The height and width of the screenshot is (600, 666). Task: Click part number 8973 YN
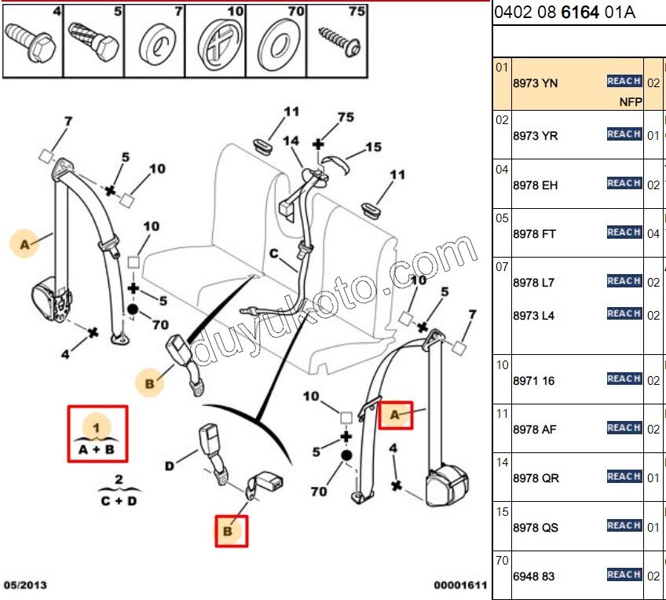tap(535, 82)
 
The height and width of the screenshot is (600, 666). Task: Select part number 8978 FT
tap(535, 234)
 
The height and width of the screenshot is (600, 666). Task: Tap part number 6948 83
tap(533, 576)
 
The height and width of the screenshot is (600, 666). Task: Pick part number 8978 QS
tap(535, 528)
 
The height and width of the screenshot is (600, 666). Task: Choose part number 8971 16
tap(533, 381)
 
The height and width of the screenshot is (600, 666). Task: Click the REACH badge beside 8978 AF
tap(624, 428)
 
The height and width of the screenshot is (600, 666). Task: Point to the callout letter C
tap(273, 254)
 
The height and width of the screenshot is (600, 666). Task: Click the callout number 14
tap(291, 141)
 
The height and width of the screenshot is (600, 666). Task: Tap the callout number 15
tap(373, 147)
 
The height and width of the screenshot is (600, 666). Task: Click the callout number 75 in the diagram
tap(346, 118)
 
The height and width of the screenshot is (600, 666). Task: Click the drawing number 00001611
tap(461, 585)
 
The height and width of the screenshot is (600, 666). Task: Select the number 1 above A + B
tap(97, 427)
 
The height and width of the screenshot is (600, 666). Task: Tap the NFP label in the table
tap(630, 102)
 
